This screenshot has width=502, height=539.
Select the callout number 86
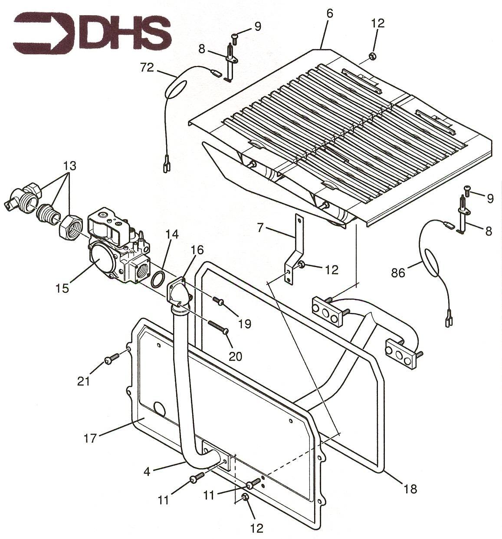[398, 273]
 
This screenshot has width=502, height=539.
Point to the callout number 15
[62, 288]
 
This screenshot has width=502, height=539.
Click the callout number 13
[70, 165]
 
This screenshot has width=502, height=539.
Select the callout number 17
[90, 438]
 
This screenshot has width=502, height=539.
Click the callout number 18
[410, 489]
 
